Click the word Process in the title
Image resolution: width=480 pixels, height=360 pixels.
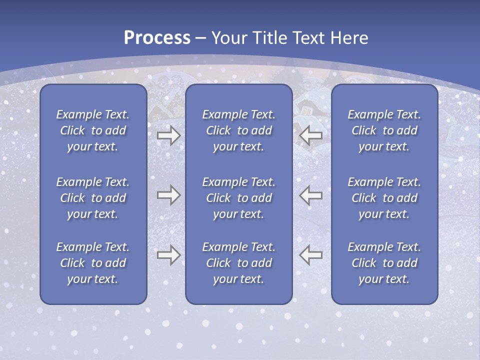[157, 38]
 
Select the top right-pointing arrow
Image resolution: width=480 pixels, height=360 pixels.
[168, 135]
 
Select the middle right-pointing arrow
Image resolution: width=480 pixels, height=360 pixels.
[168, 194]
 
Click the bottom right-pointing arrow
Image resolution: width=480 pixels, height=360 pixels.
[168, 254]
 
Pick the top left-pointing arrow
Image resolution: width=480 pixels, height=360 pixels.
[310, 135]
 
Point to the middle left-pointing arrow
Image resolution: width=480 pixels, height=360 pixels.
[310, 194]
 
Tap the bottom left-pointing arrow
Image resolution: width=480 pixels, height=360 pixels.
[310, 254]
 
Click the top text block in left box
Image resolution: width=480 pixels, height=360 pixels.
[93, 130]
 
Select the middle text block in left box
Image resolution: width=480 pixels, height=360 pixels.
[93, 198]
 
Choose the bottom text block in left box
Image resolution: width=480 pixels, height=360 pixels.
[93, 263]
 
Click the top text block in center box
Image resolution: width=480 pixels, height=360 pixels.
[238, 130]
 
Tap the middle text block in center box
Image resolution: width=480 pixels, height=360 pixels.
[238, 198]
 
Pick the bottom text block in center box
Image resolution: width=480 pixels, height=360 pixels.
[238, 263]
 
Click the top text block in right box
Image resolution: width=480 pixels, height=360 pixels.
[384, 130]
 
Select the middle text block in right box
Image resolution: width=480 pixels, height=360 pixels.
[384, 198]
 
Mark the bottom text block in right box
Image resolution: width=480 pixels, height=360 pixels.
[384, 263]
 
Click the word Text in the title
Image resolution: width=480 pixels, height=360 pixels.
[307, 38]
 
